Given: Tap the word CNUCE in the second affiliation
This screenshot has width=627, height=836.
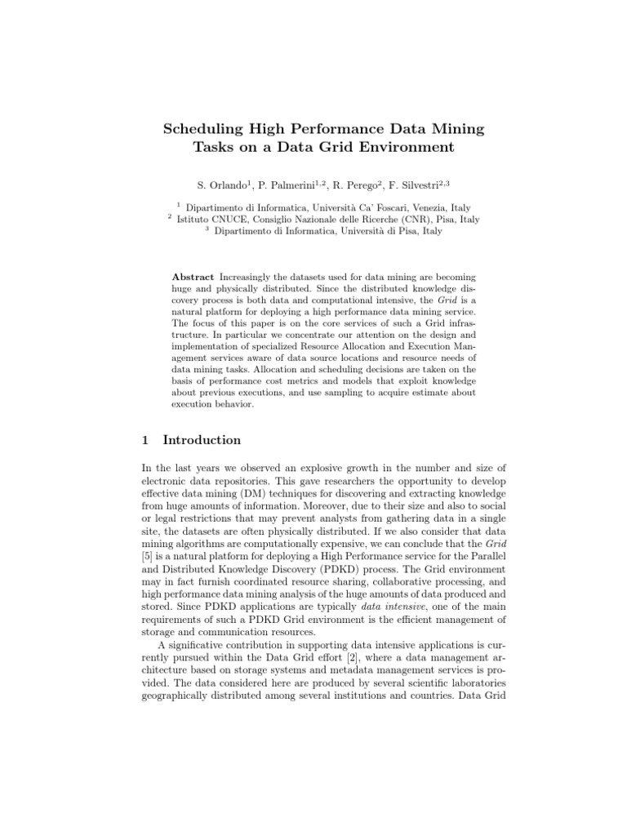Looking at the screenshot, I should [232, 220].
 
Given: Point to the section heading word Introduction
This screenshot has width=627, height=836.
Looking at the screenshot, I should [202, 440].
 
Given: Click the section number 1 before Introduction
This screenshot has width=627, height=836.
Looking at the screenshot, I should [145, 440].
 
